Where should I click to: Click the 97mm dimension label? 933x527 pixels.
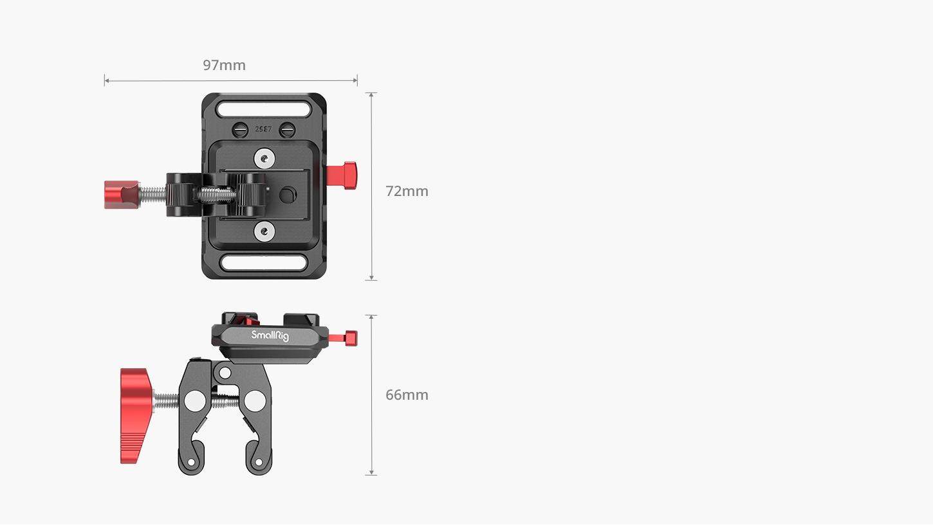click(x=224, y=66)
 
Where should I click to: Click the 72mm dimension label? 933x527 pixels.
click(x=407, y=192)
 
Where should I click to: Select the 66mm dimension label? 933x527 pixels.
click(x=407, y=395)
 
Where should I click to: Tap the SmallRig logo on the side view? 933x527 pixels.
click(x=270, y=335)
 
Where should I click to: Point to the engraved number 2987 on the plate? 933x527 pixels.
click(x=263, y=129)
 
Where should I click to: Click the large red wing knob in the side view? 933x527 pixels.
click(x=136, y=416)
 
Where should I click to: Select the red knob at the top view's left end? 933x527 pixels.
click(x=121, y=194)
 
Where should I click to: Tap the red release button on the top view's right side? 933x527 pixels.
click(x=342, y=175)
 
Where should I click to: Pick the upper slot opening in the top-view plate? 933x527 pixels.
click(x=264, y=109)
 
